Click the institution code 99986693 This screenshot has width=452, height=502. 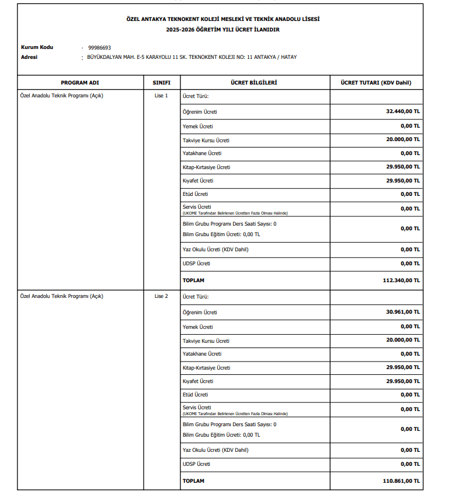(x=99, y=47)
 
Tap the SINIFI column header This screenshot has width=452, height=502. (x=161, y=83)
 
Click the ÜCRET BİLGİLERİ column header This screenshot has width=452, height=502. (x=254, y=83)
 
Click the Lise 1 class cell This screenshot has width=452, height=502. (x=161, y=96)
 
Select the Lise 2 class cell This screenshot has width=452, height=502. (x=161, y=296)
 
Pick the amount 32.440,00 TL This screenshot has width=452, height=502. (x=402, y=111)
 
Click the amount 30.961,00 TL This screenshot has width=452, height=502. (x=402, y=313)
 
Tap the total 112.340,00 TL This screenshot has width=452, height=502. (x=401, y=280)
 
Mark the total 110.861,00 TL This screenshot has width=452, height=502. (x=401, y=481)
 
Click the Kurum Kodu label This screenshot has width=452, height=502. (x=37, y=47)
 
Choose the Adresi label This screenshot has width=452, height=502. (x=29, y=57)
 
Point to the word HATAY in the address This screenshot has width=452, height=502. (x=288, y=57)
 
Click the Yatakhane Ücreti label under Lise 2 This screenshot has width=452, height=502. (x=202, y=354)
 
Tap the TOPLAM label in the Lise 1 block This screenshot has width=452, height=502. (x=193, y=280)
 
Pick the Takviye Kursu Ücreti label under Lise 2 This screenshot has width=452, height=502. (x=206, y=340)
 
